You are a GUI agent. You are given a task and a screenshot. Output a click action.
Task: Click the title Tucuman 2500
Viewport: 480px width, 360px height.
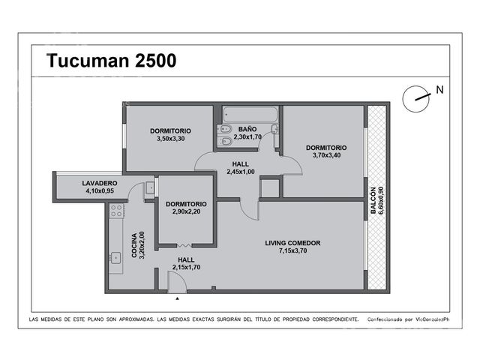(x=112, y=60)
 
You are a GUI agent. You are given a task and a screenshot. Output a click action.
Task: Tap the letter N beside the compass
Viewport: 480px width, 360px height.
(x=439, y=90)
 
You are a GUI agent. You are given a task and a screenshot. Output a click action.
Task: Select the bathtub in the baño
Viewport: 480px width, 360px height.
(x=250, y=114)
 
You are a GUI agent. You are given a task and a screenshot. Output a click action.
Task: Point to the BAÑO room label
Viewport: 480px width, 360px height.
(x=247, y=129)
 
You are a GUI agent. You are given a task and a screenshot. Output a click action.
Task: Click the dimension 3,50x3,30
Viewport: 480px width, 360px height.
(x=170, y=139)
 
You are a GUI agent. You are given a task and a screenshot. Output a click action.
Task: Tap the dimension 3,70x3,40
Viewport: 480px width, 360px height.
(x=326, y=155)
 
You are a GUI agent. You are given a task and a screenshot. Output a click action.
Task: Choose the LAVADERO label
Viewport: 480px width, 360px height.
(x=100, y=183)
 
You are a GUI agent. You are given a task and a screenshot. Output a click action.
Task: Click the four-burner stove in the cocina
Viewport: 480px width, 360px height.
(x=117, y=211)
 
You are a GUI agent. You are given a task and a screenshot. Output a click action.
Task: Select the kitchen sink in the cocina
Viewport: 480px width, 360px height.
(x=115, y=258)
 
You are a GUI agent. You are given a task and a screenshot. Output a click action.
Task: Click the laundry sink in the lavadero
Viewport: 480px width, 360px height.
(x=150, y=188)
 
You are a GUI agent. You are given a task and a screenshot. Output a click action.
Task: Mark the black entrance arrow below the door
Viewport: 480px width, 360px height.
(x=177, y=298)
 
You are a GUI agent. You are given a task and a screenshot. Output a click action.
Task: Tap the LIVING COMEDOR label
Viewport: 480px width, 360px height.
(x=292, y=243)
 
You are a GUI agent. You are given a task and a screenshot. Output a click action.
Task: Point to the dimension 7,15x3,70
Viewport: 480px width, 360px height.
(x=292, y=250)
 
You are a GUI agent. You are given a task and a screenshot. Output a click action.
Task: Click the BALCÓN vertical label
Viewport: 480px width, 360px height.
(x=373, y=200)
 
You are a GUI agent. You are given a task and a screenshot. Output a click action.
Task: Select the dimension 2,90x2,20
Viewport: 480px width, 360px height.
(x=186, y=211)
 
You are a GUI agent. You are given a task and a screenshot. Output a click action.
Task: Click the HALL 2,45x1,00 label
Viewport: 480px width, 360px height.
(x=241, y=168)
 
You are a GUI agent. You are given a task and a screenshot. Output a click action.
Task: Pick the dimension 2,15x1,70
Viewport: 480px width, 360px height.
(x=186, y=267)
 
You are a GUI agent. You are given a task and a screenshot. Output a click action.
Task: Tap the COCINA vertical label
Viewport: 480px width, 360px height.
(x=134, y=245)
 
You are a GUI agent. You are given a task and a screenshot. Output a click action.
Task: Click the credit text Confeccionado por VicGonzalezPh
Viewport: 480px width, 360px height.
(x=408, y=319)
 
